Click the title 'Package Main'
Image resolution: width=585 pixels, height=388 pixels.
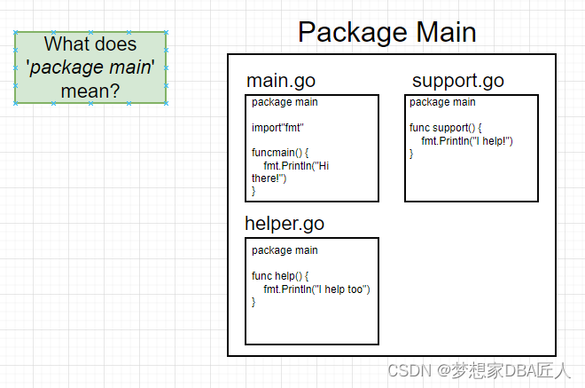387,32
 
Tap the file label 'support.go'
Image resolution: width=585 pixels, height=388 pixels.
457,81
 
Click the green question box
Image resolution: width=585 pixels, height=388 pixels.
90,67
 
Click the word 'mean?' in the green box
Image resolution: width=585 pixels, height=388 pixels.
90,91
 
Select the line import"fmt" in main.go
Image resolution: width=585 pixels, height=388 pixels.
277,128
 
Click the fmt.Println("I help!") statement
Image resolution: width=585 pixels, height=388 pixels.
467,141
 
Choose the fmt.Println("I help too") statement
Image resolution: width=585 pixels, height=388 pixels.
316,289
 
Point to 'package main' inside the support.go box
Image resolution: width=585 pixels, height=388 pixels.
442,102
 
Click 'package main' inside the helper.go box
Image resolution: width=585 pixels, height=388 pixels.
285,250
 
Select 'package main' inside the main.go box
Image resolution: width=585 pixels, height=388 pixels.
285,102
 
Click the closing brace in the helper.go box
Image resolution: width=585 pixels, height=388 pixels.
253,302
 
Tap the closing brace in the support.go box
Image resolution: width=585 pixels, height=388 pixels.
411,154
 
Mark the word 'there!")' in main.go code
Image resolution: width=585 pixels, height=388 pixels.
269,178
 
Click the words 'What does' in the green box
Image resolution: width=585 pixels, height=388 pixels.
90,44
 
